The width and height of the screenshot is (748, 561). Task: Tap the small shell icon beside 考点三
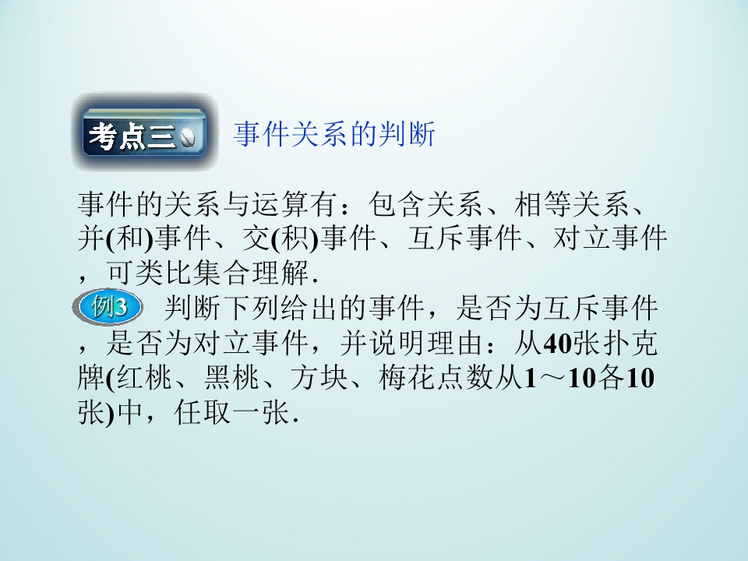(189, 138)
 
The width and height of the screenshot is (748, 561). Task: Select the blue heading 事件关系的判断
(334, 135)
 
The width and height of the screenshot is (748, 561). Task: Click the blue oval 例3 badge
(111, 307)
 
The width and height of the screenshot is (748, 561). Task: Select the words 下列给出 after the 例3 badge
(288, 308)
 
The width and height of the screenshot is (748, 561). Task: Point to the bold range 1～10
(557, 379)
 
